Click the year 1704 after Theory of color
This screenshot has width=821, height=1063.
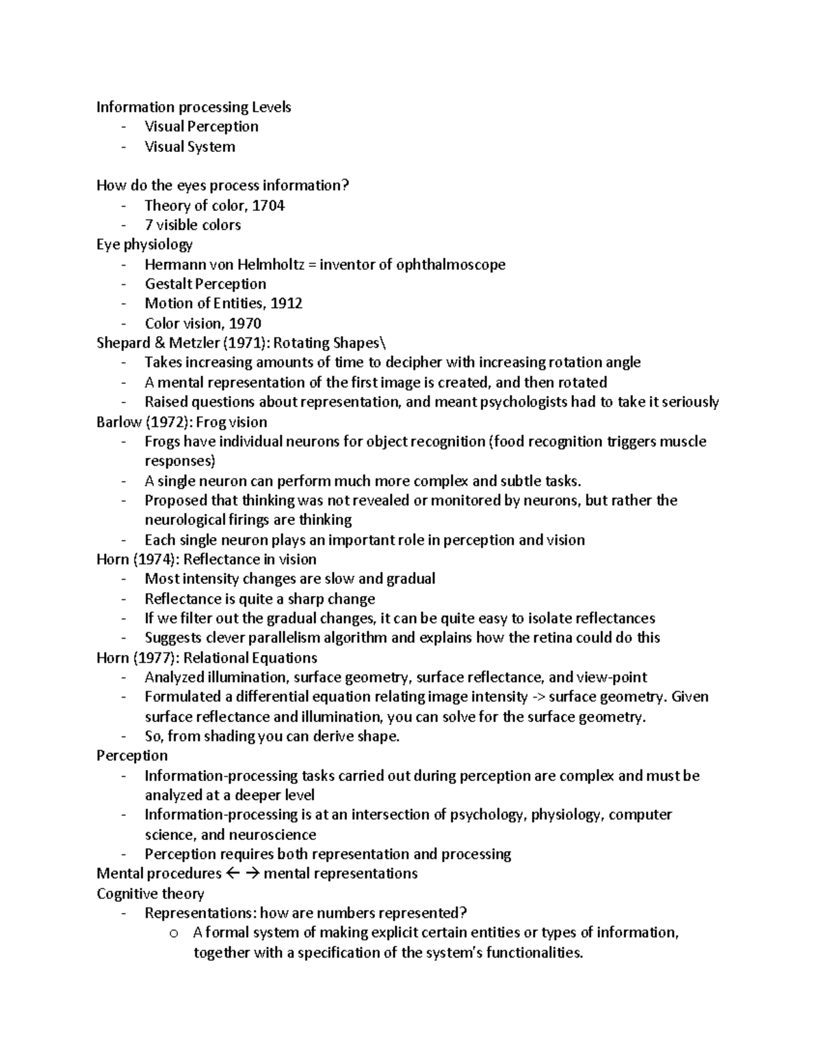[x=269, y=205]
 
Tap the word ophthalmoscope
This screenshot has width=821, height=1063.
[x=451, y=264]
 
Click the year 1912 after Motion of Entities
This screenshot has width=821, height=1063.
[x=287, y=303]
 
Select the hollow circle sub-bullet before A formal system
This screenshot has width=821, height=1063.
[x=173, y=933]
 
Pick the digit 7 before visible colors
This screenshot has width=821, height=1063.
[x=148, y=225]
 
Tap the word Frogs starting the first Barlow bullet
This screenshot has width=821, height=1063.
[x=162, y=441]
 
